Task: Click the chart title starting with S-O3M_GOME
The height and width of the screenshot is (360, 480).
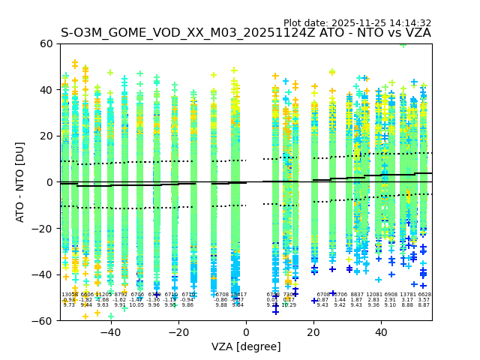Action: (246, 33)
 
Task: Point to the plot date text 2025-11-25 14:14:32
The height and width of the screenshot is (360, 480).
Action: (357, 23)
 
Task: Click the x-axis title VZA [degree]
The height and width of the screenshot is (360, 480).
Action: (246, 346)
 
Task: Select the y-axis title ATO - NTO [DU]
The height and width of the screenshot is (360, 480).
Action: (20, 182)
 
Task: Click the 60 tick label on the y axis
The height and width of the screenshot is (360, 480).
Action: (46, 43)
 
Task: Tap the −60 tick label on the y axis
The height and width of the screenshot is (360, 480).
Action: (43, 320)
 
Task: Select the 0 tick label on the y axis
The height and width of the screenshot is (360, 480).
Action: (49, 182)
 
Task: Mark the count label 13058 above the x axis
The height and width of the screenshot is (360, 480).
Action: (69, 295)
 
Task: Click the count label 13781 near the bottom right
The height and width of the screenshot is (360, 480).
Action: (407, 295)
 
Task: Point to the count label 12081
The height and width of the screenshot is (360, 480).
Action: (373, 295)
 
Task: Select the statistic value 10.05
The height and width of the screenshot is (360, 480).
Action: (136, 305)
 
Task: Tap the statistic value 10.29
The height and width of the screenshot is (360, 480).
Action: (289, 305)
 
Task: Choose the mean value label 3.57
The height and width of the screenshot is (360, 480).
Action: (424, 300)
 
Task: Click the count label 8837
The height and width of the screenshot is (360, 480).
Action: (357, 295)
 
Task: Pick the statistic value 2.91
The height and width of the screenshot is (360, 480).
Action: (390, 300)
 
